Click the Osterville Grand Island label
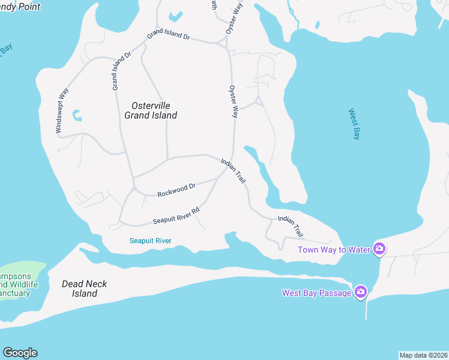coord(151,110)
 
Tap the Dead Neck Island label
coord(84,289)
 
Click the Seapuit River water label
coord(151,241)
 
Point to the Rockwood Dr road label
coord(176,190)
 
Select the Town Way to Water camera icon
coord(379,248)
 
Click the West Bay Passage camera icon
coord(361,292)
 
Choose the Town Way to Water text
coord(334,249)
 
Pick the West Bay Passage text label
coord(317,293)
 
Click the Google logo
coord(20,352)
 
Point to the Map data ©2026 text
coord(423,355)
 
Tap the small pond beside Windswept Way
coord(76,114)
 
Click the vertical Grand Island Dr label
coord(122,71)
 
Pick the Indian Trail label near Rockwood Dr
coord(234,171)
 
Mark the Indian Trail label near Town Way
coord(291,226)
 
